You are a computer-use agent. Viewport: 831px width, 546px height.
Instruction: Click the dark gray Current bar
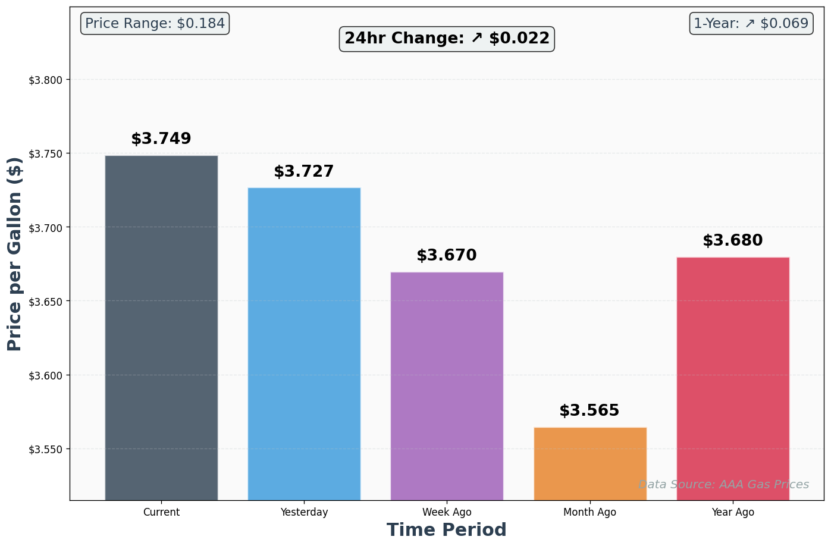(x=161, y=327)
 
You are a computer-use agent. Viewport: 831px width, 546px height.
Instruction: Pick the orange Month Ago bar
(x=589, y=463)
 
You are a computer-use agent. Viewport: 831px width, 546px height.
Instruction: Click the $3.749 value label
(x=161, y=139)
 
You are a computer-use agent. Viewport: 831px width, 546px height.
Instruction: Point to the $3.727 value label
(x=304, y=172)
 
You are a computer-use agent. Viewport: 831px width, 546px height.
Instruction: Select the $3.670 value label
(x=447, y=256)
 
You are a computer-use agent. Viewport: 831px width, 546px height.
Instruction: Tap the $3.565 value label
(x=589, y=411)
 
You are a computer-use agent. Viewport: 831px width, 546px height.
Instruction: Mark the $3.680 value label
(x=733, y=241)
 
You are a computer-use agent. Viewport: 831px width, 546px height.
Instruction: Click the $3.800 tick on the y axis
(x=46, y=80)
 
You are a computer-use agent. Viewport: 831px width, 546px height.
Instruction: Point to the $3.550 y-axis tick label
(x=46, y=450)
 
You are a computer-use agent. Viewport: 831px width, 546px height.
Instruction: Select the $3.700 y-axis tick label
(x=46, y=228)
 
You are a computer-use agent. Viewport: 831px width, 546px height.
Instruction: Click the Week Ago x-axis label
(x=447, y=512)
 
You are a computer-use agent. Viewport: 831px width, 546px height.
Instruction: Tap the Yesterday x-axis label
(x=304, y=512)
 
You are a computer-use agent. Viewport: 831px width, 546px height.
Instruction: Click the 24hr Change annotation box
(x=447, y=39)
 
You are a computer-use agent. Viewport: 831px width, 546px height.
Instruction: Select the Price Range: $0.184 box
(x=155, y=24)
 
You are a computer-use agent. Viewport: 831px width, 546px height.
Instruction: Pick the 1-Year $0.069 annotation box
(x=751, y=24)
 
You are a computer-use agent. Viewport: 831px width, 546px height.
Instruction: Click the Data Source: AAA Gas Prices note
(x=723, y=485)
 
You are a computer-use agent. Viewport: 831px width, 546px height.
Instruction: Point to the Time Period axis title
(x=447, y=530)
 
